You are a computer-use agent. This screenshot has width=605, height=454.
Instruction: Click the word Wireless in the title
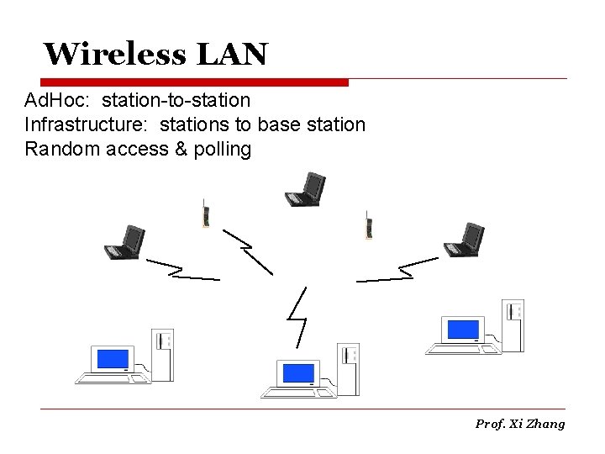pos(114,55)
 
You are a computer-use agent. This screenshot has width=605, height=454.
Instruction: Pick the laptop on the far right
pos(464,239)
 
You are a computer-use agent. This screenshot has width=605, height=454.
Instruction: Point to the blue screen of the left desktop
pos(113,359)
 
